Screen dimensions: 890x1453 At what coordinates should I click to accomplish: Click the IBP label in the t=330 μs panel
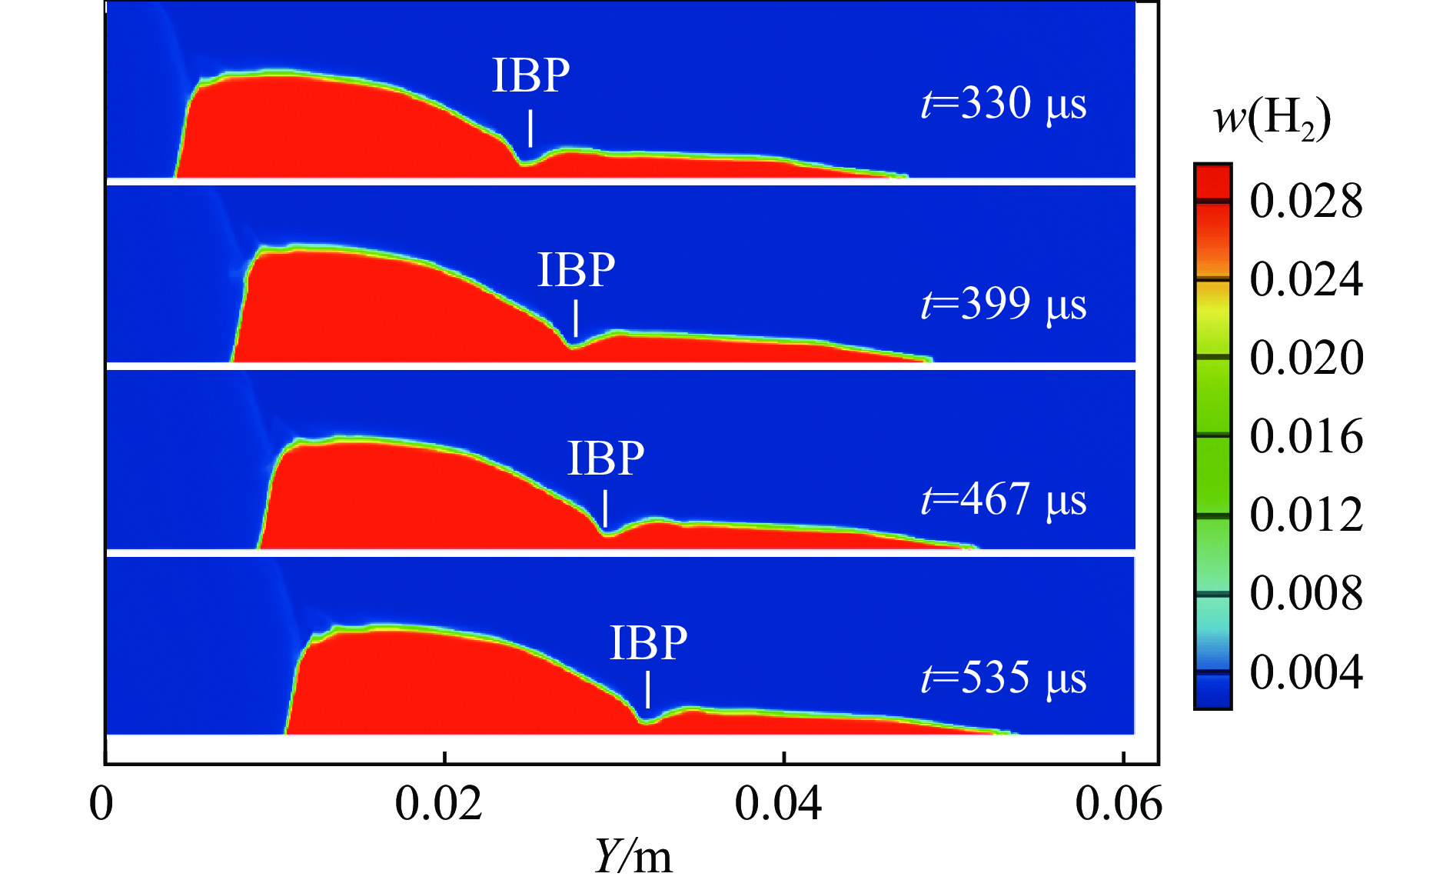click(x=530, y=75)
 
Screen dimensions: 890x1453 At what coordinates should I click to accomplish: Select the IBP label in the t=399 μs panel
click(x=576, y=270)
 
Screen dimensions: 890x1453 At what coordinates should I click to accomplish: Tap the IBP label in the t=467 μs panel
click(x=606, y=458)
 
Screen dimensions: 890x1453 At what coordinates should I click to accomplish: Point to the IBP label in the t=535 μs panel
click(x=648, y=643)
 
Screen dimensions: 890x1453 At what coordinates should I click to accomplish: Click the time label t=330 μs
click(x=1003, y=103)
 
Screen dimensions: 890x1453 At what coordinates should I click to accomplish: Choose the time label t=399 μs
click(x=1003, y=304)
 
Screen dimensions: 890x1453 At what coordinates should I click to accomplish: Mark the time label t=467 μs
click(x=1003, y=499)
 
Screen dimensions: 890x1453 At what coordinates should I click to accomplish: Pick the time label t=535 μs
click(x=1003, y=678)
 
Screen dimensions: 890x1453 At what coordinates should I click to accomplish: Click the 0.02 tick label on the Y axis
click(x=438, y=804)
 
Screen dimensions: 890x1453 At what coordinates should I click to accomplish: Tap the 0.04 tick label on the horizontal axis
click(x=778, y=804)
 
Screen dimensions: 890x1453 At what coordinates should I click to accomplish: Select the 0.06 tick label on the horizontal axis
click(x=1119, y=804)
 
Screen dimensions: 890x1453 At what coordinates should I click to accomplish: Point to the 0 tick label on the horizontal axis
click(x=101, y=804)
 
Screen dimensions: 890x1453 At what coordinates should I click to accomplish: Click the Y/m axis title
click(x=633, y=856)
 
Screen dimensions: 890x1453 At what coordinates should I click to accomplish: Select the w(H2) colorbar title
click(x=1272, y=120)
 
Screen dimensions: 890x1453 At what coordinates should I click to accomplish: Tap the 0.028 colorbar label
click(x=1306, y=202)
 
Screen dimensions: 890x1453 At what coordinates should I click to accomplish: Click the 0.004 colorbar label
click(x=1306, y=672)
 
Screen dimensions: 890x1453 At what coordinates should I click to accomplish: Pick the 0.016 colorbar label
click(x=1306, y=437)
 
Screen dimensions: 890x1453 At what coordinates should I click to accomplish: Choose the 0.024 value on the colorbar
click(x=1306, y=279)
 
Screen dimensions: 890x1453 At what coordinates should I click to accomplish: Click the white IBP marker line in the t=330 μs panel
click(x=530, y=128)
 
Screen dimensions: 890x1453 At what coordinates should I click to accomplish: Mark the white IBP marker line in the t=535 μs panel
click(x=648, y=689)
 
